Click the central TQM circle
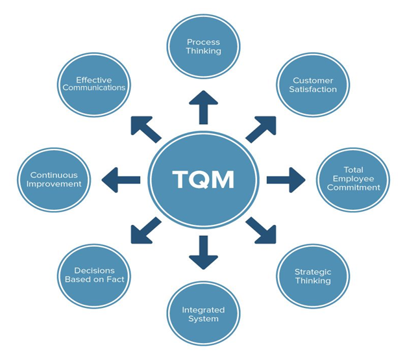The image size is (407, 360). (204, 179)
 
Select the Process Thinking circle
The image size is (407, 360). (204, 46)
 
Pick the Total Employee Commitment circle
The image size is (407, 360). (353, 179)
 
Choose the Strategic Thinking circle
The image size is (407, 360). (313, 276)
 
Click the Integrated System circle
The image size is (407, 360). (204, 314)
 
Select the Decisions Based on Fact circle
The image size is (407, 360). (94, 275)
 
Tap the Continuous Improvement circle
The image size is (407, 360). (54, 179)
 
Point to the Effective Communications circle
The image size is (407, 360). (94, 84)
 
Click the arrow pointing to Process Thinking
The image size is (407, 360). (204, 106)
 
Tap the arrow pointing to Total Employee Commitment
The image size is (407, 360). (285, 179)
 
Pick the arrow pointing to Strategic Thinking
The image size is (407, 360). (260, 230)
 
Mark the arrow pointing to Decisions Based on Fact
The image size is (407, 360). (146, 230)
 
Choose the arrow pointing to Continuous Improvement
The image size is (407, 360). (121, 179)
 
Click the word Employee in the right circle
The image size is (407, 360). (353, 179)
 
